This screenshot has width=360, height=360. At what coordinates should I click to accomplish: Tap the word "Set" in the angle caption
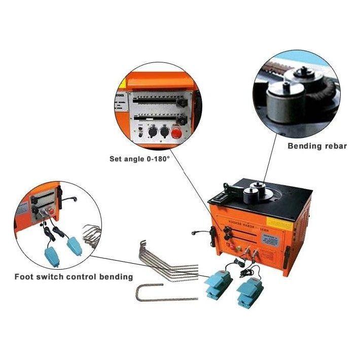(117, 159)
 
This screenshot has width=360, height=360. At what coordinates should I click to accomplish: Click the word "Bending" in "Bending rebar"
(305, 146)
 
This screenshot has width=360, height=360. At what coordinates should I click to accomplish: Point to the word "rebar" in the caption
(335, 146)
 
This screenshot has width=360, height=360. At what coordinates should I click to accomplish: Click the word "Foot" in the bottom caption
(24, 277)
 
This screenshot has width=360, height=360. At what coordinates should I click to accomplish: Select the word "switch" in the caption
(53, 277)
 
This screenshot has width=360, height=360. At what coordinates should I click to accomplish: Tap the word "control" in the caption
(86, 277)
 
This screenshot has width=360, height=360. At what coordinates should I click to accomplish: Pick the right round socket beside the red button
(164, 132)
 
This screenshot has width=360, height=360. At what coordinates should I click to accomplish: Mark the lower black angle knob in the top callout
(182, 119)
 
